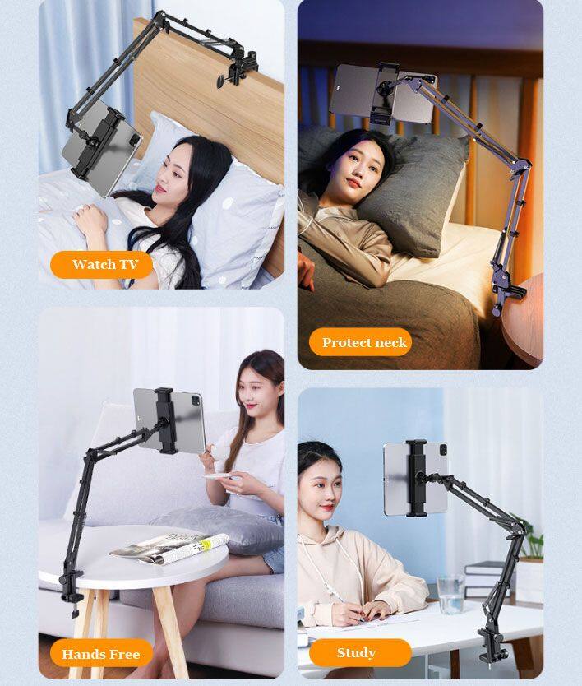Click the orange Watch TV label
(101, 265)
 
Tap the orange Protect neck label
(360, 342)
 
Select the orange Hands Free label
(101, 654)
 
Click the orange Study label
(360, 653)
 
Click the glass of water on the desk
(450, 594)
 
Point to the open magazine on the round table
(169, 548)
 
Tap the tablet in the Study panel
(415, 478)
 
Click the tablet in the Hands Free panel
(169, 420)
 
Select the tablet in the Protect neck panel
(383, 93)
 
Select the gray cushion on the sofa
(217, 529)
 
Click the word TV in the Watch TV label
(129, 264)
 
